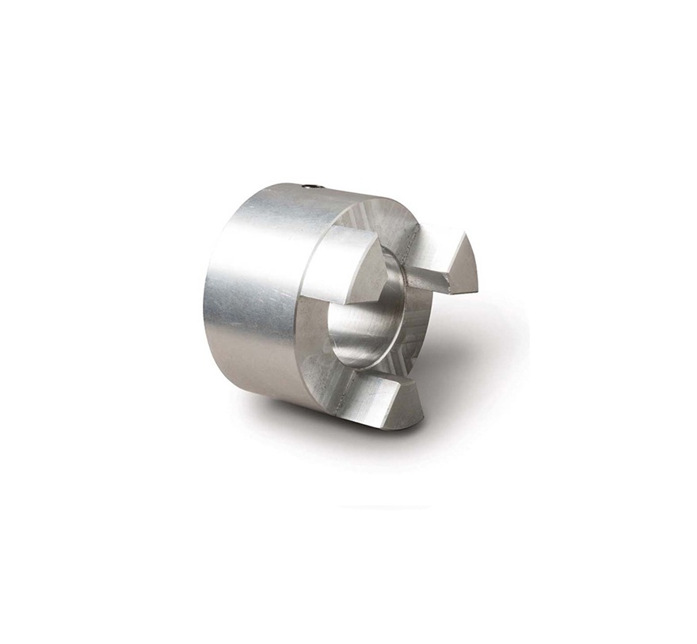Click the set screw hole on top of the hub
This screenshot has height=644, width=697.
coord(311,187)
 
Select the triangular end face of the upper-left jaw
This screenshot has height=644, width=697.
coord(368,269)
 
